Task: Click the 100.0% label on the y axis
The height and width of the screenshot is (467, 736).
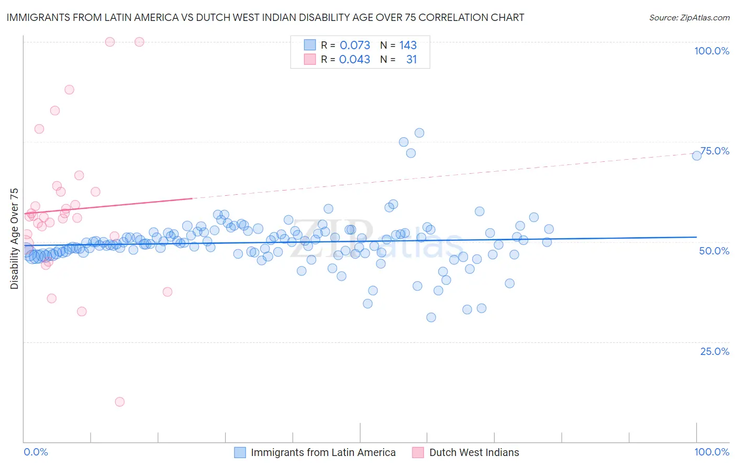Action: click(x=711, y=51)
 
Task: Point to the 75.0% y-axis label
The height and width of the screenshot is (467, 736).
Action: click(x=715, y=151)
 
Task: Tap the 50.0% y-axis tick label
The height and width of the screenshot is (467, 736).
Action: click(x=714, y=251)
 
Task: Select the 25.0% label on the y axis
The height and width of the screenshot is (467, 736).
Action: click(x=715, y=351)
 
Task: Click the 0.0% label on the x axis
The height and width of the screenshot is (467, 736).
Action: click(x=36, y=452)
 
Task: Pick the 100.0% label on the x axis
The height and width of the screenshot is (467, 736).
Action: click(x=711, y=452)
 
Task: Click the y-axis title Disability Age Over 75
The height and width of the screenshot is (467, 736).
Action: click(x=15, y=238)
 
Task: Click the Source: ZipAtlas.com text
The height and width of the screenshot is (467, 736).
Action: click(x=689, y=17)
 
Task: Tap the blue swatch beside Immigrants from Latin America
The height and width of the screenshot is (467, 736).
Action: click(x=240, y=452)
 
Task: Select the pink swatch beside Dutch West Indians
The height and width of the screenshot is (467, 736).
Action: click(x=418, y=452)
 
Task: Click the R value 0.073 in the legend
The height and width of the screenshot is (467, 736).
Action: click(x=355, y=45)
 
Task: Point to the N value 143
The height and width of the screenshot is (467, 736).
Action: click(x=408, y=45)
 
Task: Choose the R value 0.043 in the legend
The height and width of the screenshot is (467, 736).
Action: click(x=355, y=59)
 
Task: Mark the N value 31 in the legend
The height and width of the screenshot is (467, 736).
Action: click(x=411, y=59)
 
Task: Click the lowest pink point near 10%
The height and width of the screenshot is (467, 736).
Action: click(x=120, y=402)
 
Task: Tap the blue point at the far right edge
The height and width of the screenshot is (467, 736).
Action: click(x=697, y=155)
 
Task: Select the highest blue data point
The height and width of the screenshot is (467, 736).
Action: click(x=419, y=133)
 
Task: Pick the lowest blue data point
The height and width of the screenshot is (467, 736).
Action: click(x=431, y=317)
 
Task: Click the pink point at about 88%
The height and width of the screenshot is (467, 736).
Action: click(x=69, y=90)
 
